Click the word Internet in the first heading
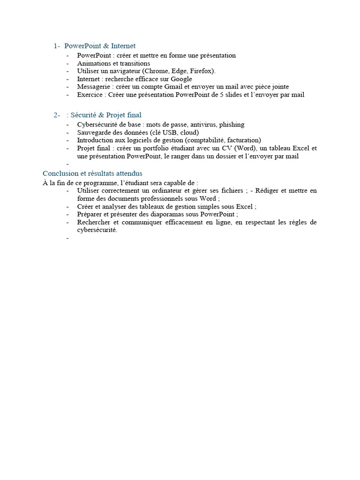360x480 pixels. tap(123, 46)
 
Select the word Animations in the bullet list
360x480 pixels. tap(92, 63)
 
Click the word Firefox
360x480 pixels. tap(202, 71)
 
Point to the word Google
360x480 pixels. tap(181, 79)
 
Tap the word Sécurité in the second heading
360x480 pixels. tap(84, 115)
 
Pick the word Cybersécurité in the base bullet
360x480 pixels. tap(96, 125)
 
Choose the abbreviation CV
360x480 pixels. tap(227, 148)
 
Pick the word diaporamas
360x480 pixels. tap(163, 214)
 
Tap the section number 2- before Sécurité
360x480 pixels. tap(57, 115)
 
